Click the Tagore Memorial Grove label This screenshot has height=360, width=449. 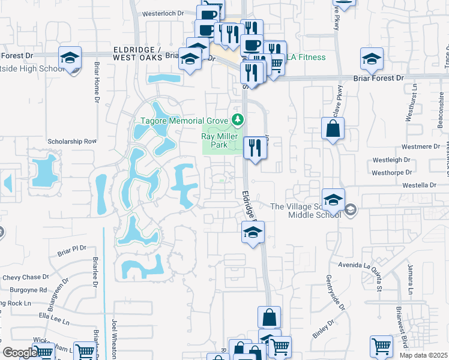[186, 121]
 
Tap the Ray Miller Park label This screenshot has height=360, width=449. [214, 140]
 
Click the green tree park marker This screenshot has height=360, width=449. [238, 120]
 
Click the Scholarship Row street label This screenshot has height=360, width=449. [72, 142]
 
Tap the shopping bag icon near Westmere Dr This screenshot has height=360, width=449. [333, 128]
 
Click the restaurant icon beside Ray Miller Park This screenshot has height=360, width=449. [255, 147]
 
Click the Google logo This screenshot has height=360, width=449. [20, 353]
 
